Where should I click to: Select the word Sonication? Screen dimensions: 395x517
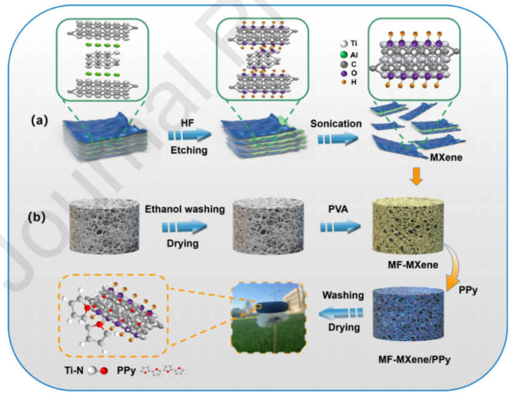[x=336, y=124]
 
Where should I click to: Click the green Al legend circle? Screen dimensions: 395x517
[x=344, y=54]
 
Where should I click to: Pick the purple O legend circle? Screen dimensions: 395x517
[x=344, y=73]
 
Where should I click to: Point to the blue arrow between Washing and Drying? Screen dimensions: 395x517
[x=343, y=312]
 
